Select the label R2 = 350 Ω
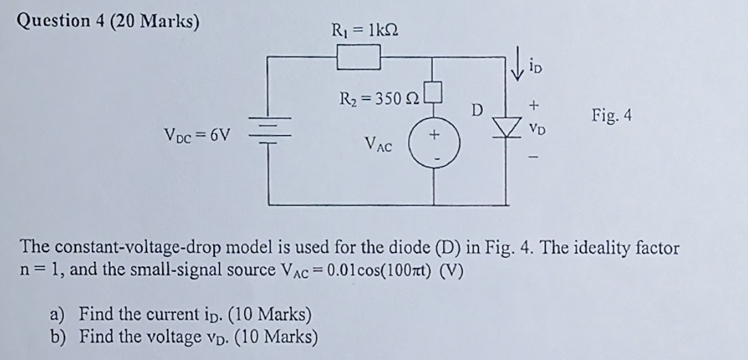pos(378,98)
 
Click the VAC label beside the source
pos(378,144)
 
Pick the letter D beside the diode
pos(477,110)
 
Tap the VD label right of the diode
pos(534,129)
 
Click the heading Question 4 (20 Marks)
pos(109,21)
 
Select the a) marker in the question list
pos(57,314)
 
